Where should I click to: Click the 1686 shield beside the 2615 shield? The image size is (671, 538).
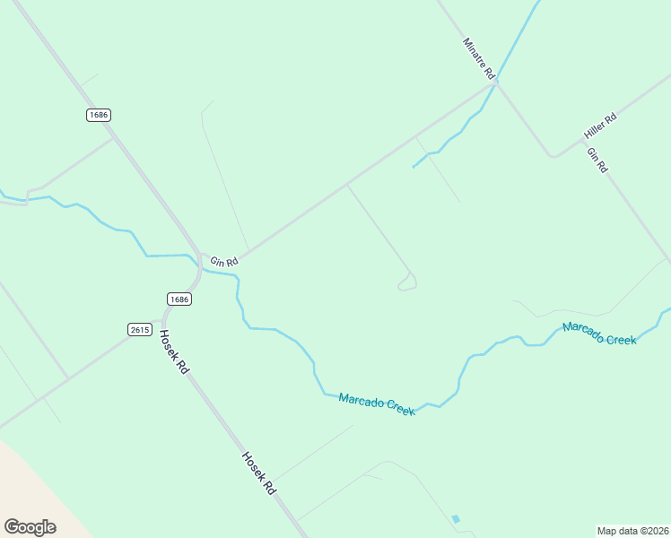coord(179,299)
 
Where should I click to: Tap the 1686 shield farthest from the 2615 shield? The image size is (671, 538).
coord(99,115)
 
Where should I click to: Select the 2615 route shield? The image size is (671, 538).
coord(139,330)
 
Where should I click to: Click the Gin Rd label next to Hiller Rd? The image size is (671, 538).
coord(597,160)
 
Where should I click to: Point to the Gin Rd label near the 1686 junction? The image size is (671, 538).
coord(223,262)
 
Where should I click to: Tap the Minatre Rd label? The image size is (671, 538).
coord(479,59)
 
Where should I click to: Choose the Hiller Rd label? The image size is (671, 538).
coord(600,126)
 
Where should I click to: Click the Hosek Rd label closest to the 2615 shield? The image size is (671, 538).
coord(174,351)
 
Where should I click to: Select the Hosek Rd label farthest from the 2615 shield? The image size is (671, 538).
coord(257,473)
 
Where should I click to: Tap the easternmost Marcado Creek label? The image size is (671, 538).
coord(599,334)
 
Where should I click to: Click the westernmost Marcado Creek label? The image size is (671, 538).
coord(377,403)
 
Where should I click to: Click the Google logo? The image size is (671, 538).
coord(30,527)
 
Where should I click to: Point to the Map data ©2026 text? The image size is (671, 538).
coord(632,530)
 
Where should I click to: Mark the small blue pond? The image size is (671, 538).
coord(457,519)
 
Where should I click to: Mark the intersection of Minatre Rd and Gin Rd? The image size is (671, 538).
coord(496,83)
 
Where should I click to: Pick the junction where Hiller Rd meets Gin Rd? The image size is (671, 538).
coord(554,156)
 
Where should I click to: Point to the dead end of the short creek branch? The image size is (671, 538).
coord(414,167)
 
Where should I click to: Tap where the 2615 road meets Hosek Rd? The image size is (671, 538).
coord(164,320)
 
